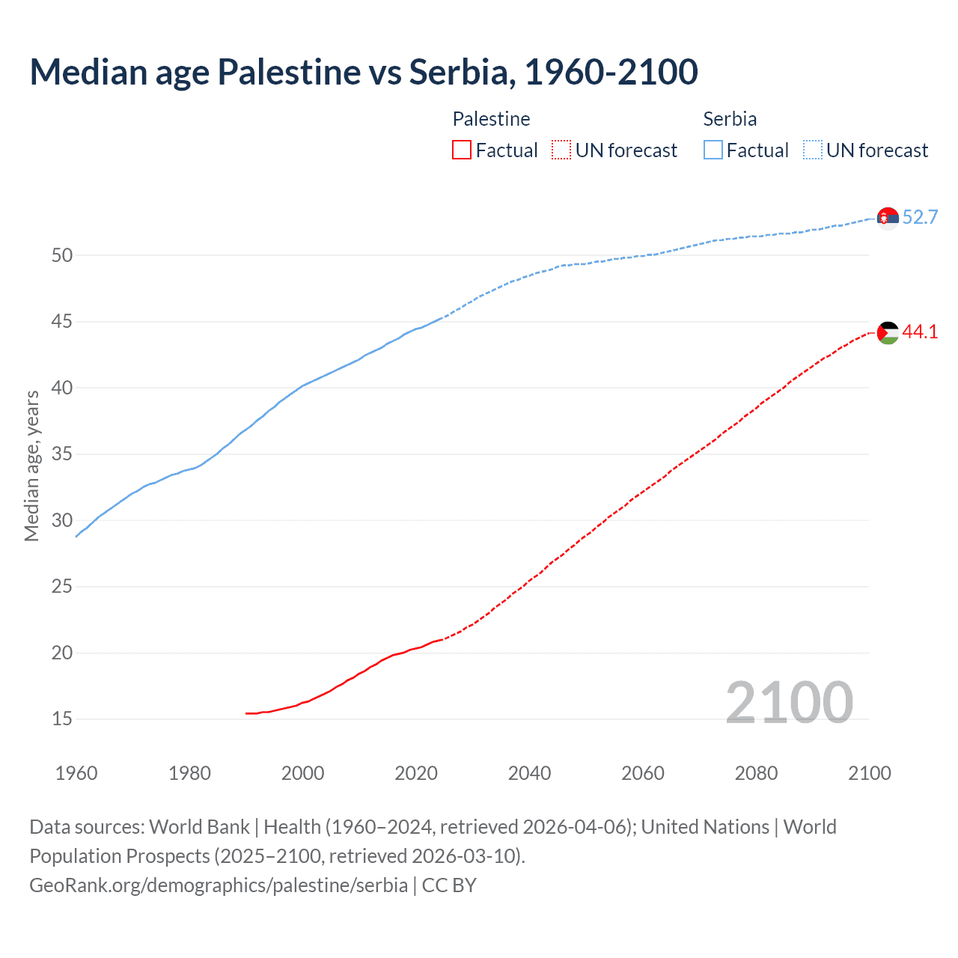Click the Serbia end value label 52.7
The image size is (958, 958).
pyautogui.click(x=920, y=217)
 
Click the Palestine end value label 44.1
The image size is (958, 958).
pyautogui.click(x=920, y=332)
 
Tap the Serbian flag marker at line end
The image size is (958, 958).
pyautogui.click(x=888, y=218)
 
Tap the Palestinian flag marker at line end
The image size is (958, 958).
pyautogui.click(x=888, y=332)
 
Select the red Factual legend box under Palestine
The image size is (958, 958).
pyautogui.click(x=462, y=150)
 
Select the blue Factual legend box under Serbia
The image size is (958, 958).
pyautogui.click(x=713, y=150)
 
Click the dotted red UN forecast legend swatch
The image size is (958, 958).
pyautogui.click(x=561, y=150)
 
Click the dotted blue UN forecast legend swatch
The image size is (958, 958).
pyautogui.click(x=813, y=150)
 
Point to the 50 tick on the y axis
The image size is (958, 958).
pyautogui.click(x=62, y=255)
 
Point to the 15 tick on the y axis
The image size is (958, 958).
pyautogui.click(x=62, y=719)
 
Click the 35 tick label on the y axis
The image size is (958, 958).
pyautogui.click(x=62, y=454)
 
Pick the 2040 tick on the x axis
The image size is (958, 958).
pyautogui.click(x=529, y=773)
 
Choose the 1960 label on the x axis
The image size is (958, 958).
pyautogui.click(x=76, y=773)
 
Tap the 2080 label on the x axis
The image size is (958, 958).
pyautogui.click(x=756, y=773)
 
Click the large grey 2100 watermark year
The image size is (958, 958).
pyautogui.click(x=789, y=702)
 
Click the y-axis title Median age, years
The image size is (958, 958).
pyautogui.click(x=31, y=466)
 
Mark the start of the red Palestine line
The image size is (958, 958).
pyautogui.click(x=247, y=713)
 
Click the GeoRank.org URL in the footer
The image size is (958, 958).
pyautogui.click(x=219, y=885)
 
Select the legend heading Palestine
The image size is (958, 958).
pyautogui.click(x=491, y=119)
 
